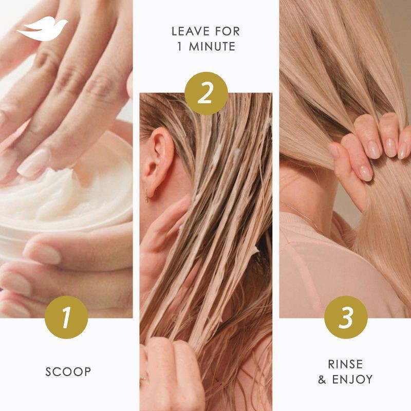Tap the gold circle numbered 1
coord(66,317)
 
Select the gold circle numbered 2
coord(206,93)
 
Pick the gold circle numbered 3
coord(346,317)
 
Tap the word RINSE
coord(345,364)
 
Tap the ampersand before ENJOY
coord(323,380)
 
